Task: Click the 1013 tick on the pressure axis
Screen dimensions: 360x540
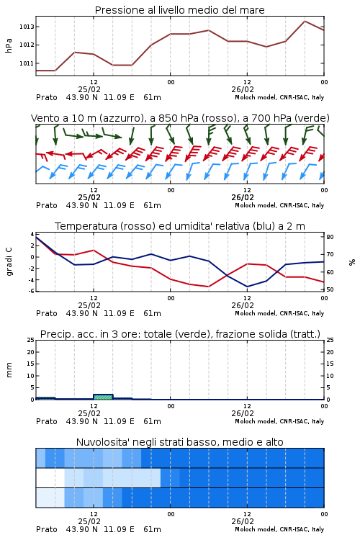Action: [27, 27]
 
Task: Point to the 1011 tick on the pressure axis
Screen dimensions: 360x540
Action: [27, 63]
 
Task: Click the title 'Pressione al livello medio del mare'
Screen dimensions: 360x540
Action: [180, 10]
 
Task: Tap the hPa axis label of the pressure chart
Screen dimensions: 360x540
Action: [9, 45]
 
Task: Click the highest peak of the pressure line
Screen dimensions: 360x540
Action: [305, 21]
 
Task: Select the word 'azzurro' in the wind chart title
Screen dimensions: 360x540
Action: [120, 119]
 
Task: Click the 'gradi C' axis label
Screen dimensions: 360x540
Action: [9, 262]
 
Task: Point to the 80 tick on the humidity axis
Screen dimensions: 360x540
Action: [330, 237]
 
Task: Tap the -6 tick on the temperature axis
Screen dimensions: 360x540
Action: [32, 291]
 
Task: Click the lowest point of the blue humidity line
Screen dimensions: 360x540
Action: [247, 287]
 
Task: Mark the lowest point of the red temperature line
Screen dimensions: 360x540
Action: [208, 287]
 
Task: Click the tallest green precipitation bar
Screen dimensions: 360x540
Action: [103, 397]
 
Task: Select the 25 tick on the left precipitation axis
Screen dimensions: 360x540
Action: [31, 340]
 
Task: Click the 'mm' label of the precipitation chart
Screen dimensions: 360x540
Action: [9, 370]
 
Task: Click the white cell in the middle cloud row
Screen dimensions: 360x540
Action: [50, 477]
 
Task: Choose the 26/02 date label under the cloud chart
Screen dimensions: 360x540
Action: [243, 521]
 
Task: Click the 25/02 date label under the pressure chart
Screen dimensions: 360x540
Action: [89, 89]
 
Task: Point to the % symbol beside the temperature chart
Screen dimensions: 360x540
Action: [352, 262]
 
